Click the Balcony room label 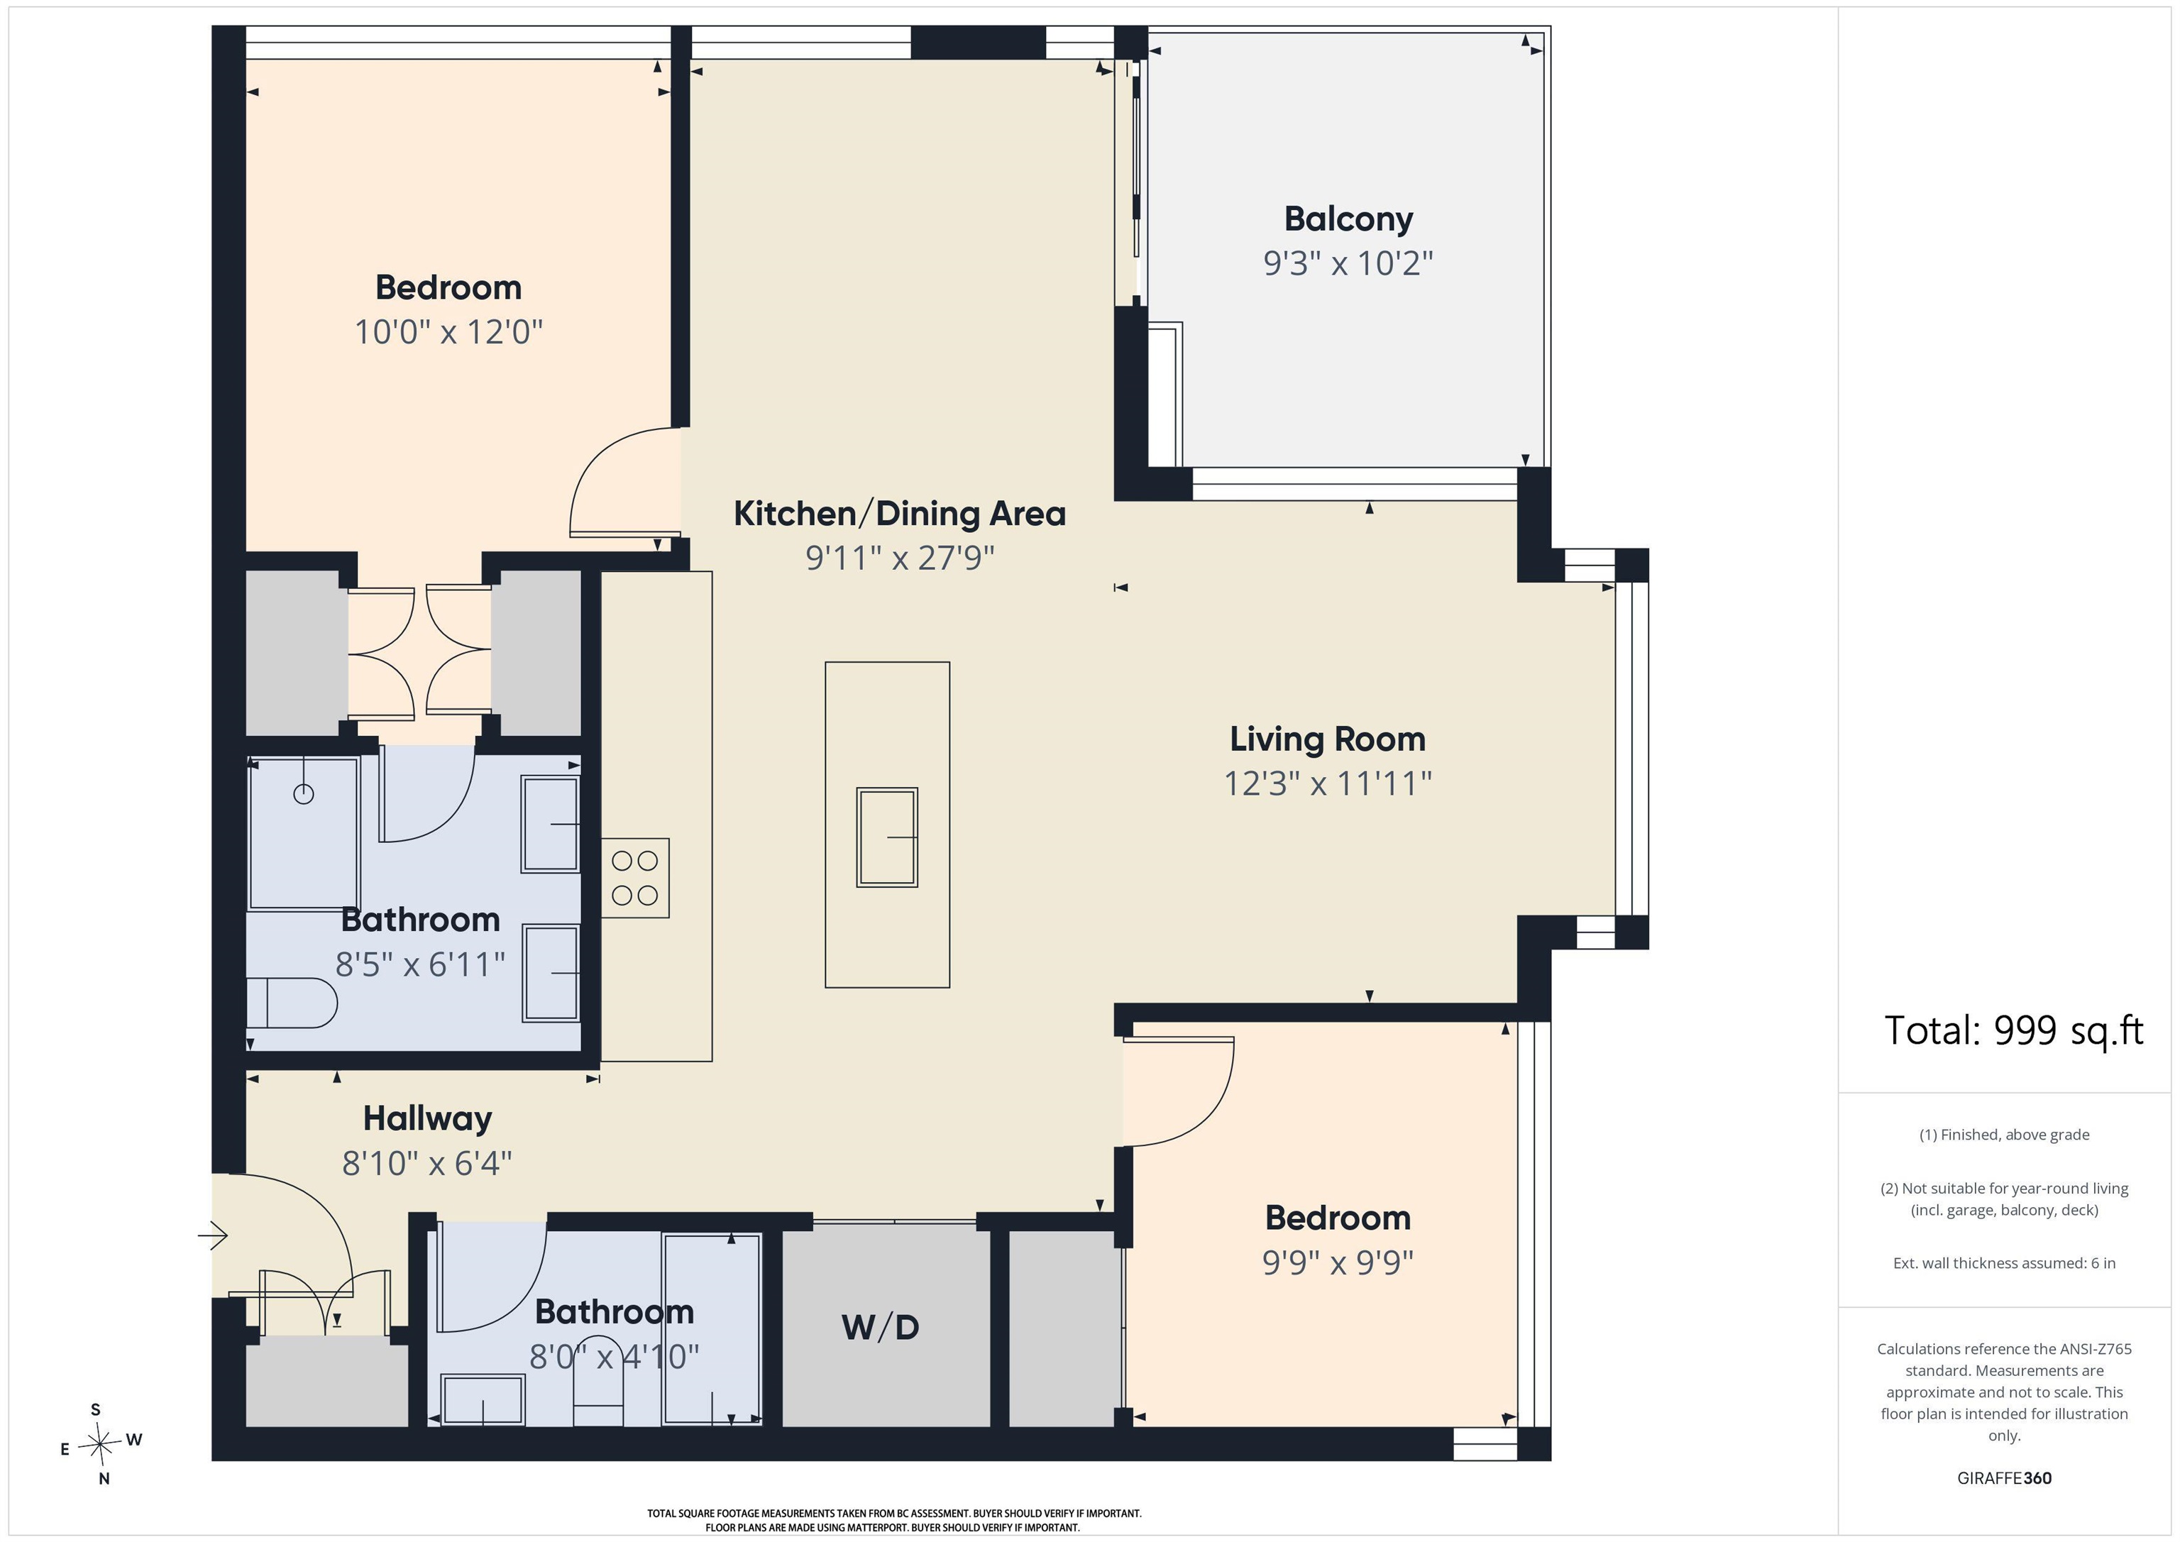point(1348,219)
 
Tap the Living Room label point(1327,739)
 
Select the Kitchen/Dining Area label point(899,514)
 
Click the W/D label point(880,1328)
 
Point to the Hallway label point(427,1118)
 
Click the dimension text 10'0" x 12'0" point(448,332)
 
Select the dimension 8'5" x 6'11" point(419,964)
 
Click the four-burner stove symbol point(635,877)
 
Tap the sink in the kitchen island point(887,837)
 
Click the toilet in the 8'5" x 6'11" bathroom point(292,1003)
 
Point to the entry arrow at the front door point(213,1235)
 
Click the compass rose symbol point(99,1444)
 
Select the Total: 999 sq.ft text point(2014,1030)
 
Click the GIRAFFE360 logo point(2004,1478)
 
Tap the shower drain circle point(304,794)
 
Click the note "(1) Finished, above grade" point(2004,1135)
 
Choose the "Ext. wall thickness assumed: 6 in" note point(2004,1263)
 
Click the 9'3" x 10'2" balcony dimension point(1348,263)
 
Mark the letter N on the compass point(104,1478)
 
